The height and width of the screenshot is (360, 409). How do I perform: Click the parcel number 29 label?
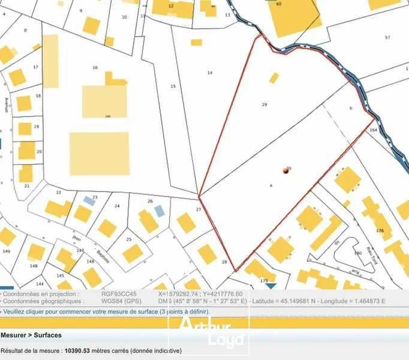tap(264, 104)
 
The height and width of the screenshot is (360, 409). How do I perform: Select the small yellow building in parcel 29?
tap(274, 78)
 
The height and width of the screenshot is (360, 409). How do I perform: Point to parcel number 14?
tap(210, 73)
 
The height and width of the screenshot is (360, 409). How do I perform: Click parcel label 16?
tap(95, 68)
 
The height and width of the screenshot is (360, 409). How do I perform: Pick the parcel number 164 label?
tap(373, 130)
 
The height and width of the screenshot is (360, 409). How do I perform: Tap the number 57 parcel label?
tap(387, 38)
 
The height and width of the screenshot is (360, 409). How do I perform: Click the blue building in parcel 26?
tap(159, 211)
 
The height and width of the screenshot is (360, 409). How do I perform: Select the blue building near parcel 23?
tap(89, 200)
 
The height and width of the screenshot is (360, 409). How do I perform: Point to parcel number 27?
tap(199, 209)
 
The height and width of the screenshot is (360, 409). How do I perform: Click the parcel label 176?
tap(379, 230)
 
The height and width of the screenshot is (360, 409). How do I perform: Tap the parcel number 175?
tap(264, 281)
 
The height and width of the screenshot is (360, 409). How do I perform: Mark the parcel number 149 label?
tap(7, 251)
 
